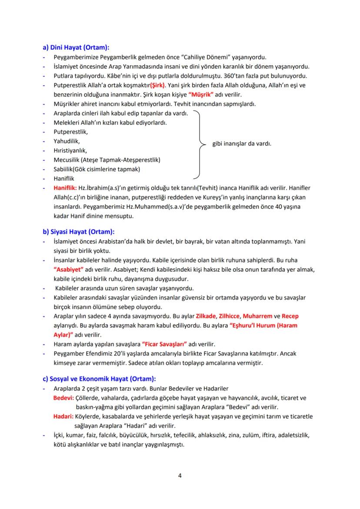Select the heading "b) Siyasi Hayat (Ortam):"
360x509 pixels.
pos(78,231)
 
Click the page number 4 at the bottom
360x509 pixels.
pos(180,475)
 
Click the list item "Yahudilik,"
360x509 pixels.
pos(67,141)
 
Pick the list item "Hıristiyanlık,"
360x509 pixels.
pos(70,150)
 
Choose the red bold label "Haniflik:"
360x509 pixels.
pos(65,188)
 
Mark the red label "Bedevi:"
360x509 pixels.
pos(63,398)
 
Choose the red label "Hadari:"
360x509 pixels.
pos(63,416)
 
